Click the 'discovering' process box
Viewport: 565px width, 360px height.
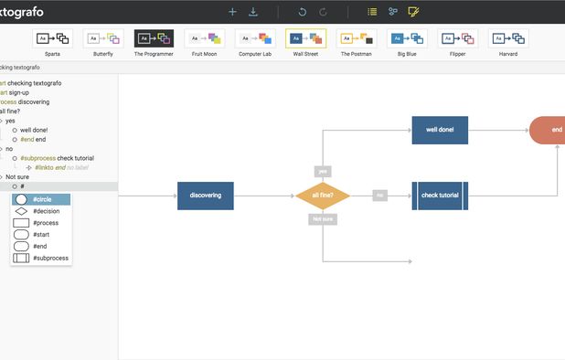(206, 196)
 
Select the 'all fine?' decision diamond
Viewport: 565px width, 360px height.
(323, 196)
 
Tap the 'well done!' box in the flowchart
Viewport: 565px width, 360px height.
(440, 130)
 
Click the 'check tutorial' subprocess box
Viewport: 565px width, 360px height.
(440, 196)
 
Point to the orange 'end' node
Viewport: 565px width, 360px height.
(549, 130)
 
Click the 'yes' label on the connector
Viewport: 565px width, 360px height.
(323, 171)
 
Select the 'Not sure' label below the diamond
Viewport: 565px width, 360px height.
(323, 219)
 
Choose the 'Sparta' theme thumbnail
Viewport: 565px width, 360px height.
(52, 38)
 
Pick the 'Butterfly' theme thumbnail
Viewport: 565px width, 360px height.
(103, 38)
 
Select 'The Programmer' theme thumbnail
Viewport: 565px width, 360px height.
(154, 38)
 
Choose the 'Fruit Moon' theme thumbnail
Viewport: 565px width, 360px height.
(204, 38)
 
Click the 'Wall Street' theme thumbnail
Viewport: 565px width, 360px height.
(305, 38)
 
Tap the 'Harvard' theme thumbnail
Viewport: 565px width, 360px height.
(507, 38)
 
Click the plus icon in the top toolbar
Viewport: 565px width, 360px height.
(232, 12)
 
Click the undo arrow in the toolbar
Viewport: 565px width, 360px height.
(303, 12)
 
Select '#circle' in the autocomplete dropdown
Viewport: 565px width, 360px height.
(41, 199)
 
